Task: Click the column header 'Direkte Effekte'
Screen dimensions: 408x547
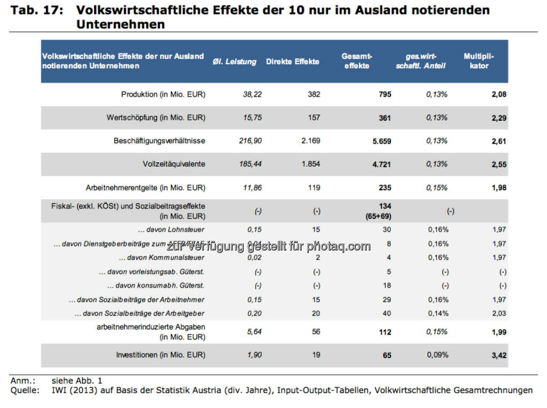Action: pos(292,61)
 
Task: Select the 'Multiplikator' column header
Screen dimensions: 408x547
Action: pos(479,61)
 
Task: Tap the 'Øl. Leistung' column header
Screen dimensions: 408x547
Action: pos(235,61)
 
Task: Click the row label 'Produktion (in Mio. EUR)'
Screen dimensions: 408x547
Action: pos(163,95)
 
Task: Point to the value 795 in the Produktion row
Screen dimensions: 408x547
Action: pos(385,95)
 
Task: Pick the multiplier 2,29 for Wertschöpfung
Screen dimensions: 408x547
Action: pos(499,118)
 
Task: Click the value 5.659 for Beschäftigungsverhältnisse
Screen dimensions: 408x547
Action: pos(381,141)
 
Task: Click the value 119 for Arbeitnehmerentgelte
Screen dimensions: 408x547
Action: pos(314,187)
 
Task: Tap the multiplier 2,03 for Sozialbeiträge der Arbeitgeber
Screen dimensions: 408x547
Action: pos(499,313)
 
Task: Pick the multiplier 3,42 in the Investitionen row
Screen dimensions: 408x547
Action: pos(499,355)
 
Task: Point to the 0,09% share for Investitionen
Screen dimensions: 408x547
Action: pos(437,355)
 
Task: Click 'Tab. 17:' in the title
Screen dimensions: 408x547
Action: pos(35,10)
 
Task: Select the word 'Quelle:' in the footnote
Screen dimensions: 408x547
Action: pos(25,390)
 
